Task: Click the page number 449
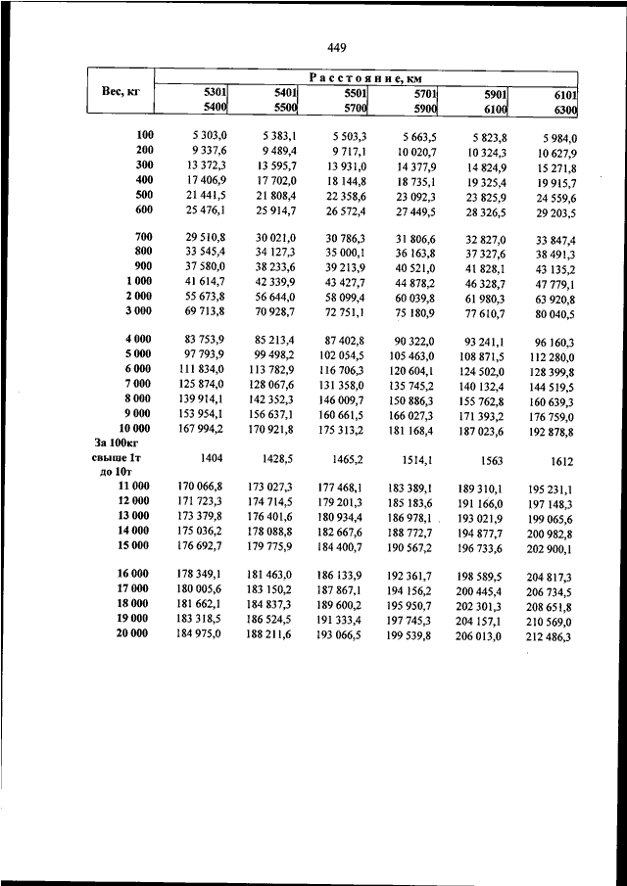[x=336, y=46]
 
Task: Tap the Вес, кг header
[x=120, y=91]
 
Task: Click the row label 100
[x=145, y=134]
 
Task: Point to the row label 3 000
[x=137, y=310]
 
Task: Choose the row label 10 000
[x=134, y=428]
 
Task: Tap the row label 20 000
[x=134, y=634]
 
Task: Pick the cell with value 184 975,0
[x=201, y=634]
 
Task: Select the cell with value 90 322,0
[x=413, y=339]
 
